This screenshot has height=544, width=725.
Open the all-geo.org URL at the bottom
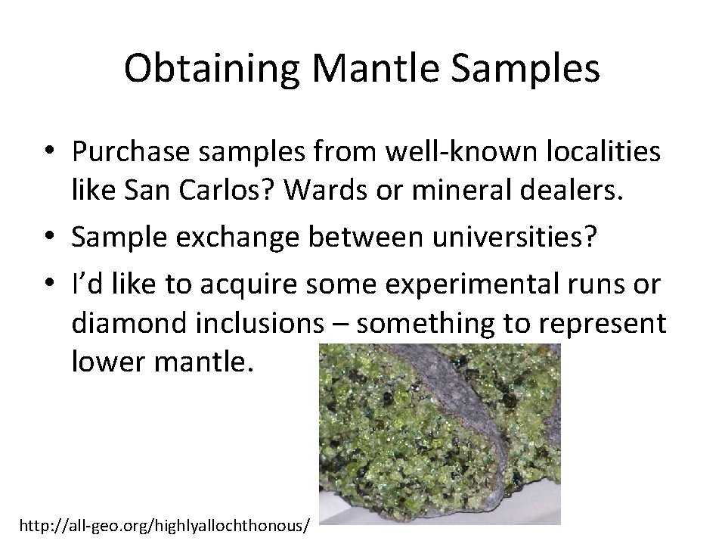164,524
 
